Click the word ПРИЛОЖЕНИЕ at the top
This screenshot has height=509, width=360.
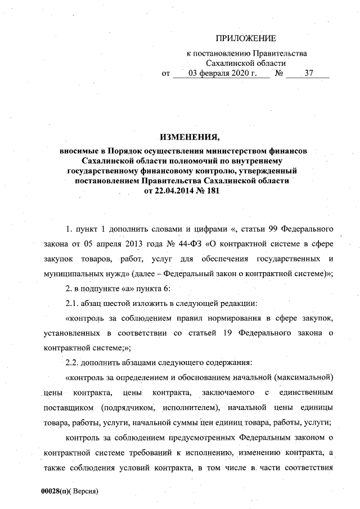246,39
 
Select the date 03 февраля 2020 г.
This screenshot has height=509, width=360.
222,74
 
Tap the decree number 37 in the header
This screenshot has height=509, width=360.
308,74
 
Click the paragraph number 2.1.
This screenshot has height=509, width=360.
72,304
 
